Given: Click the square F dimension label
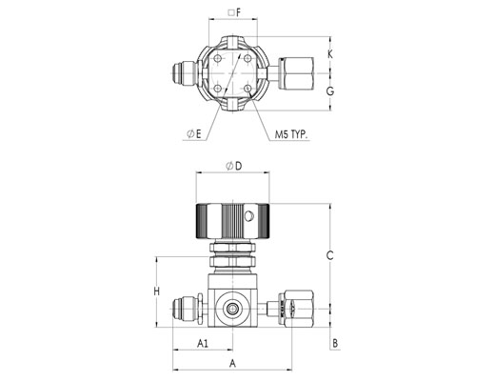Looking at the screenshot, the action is (235, 12).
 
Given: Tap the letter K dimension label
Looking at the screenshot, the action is (330, 54).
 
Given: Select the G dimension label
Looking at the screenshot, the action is (330, 91).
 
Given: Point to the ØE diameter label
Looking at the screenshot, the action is (194, 134).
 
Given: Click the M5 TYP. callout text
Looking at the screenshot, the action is (291, 134).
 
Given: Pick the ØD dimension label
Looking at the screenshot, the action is (234, 166).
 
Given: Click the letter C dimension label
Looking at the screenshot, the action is (330, 255).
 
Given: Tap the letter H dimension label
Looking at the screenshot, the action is (157, 291).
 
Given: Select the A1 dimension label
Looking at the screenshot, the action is (203, 343).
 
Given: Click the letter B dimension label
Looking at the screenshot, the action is (335, 343).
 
